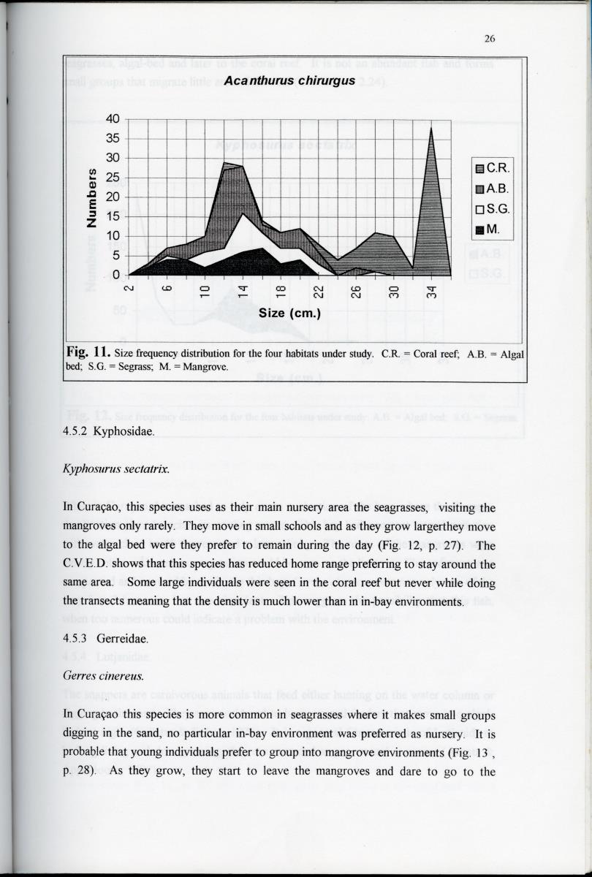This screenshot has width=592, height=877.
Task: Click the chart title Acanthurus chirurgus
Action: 289,81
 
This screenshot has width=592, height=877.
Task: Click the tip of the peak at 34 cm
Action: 432,129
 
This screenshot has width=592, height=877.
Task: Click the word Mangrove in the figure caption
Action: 205,368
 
